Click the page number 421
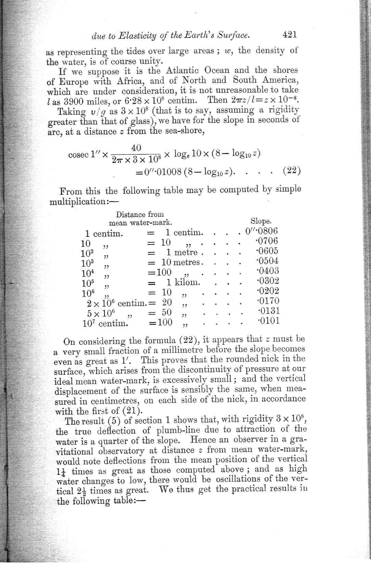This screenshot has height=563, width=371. point(289,34)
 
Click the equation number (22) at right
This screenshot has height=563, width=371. point(292,170)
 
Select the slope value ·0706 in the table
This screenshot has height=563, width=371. point(267,241)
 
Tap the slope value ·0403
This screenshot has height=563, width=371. point(268,271)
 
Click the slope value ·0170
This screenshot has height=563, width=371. point(268,301)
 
